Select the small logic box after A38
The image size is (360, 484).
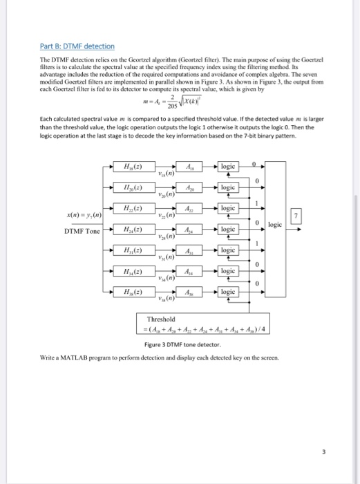(228, 292)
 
